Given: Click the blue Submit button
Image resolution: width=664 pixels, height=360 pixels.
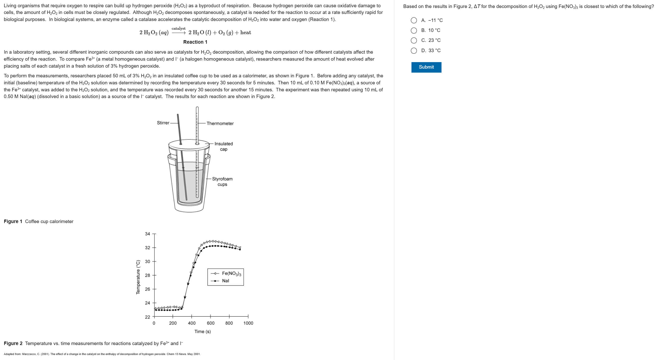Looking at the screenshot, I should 426,67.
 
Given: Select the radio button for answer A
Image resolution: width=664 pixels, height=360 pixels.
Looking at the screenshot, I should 414,20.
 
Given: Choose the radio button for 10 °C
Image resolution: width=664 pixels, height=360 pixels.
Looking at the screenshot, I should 414,30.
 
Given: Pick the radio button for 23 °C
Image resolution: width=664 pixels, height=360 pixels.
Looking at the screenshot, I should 414,40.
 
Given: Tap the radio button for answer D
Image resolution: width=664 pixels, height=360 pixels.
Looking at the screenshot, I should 414,51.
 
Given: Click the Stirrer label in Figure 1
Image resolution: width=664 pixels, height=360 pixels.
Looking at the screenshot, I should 163,123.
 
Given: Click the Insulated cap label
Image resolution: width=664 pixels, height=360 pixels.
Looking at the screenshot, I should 223,146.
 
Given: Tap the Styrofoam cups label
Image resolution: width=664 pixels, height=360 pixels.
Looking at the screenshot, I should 222,182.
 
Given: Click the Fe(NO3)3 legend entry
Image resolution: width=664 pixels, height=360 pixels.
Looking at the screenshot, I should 231,273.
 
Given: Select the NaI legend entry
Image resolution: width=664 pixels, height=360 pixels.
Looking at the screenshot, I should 225,281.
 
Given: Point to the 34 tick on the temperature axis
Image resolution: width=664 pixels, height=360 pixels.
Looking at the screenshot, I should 147,234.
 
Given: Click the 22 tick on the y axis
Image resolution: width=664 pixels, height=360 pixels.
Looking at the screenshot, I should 147,317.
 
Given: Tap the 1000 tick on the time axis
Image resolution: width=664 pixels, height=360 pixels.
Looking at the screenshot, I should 248,323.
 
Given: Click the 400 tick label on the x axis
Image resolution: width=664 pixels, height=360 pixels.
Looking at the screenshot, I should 192,323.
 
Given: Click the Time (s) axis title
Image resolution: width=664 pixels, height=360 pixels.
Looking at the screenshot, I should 202,331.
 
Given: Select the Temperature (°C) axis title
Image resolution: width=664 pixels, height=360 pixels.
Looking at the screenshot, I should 138,277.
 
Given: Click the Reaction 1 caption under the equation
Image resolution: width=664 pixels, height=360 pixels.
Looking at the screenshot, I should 195,42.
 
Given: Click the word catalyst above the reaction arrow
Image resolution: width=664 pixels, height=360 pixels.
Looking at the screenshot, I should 178,28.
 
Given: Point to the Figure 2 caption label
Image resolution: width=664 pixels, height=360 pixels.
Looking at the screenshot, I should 13,344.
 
